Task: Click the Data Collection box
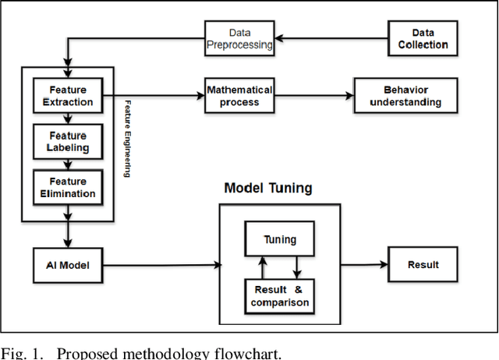tap(423, 40)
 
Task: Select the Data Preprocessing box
tap(240, 40)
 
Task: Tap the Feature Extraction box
tap(68, 96)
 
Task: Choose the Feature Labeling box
tap(68, 141)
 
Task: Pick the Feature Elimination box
tap(68, 188)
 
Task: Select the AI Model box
tap(68, 265)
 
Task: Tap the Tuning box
tap(279, 240)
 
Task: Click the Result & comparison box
tap(279, 296)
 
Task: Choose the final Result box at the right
tap(423, 265)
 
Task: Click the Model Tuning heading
tap(269, 189)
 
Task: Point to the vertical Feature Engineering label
tap(126, 138)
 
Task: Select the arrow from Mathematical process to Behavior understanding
tap(315, 95)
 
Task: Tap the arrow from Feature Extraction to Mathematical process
tap(152, 95)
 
